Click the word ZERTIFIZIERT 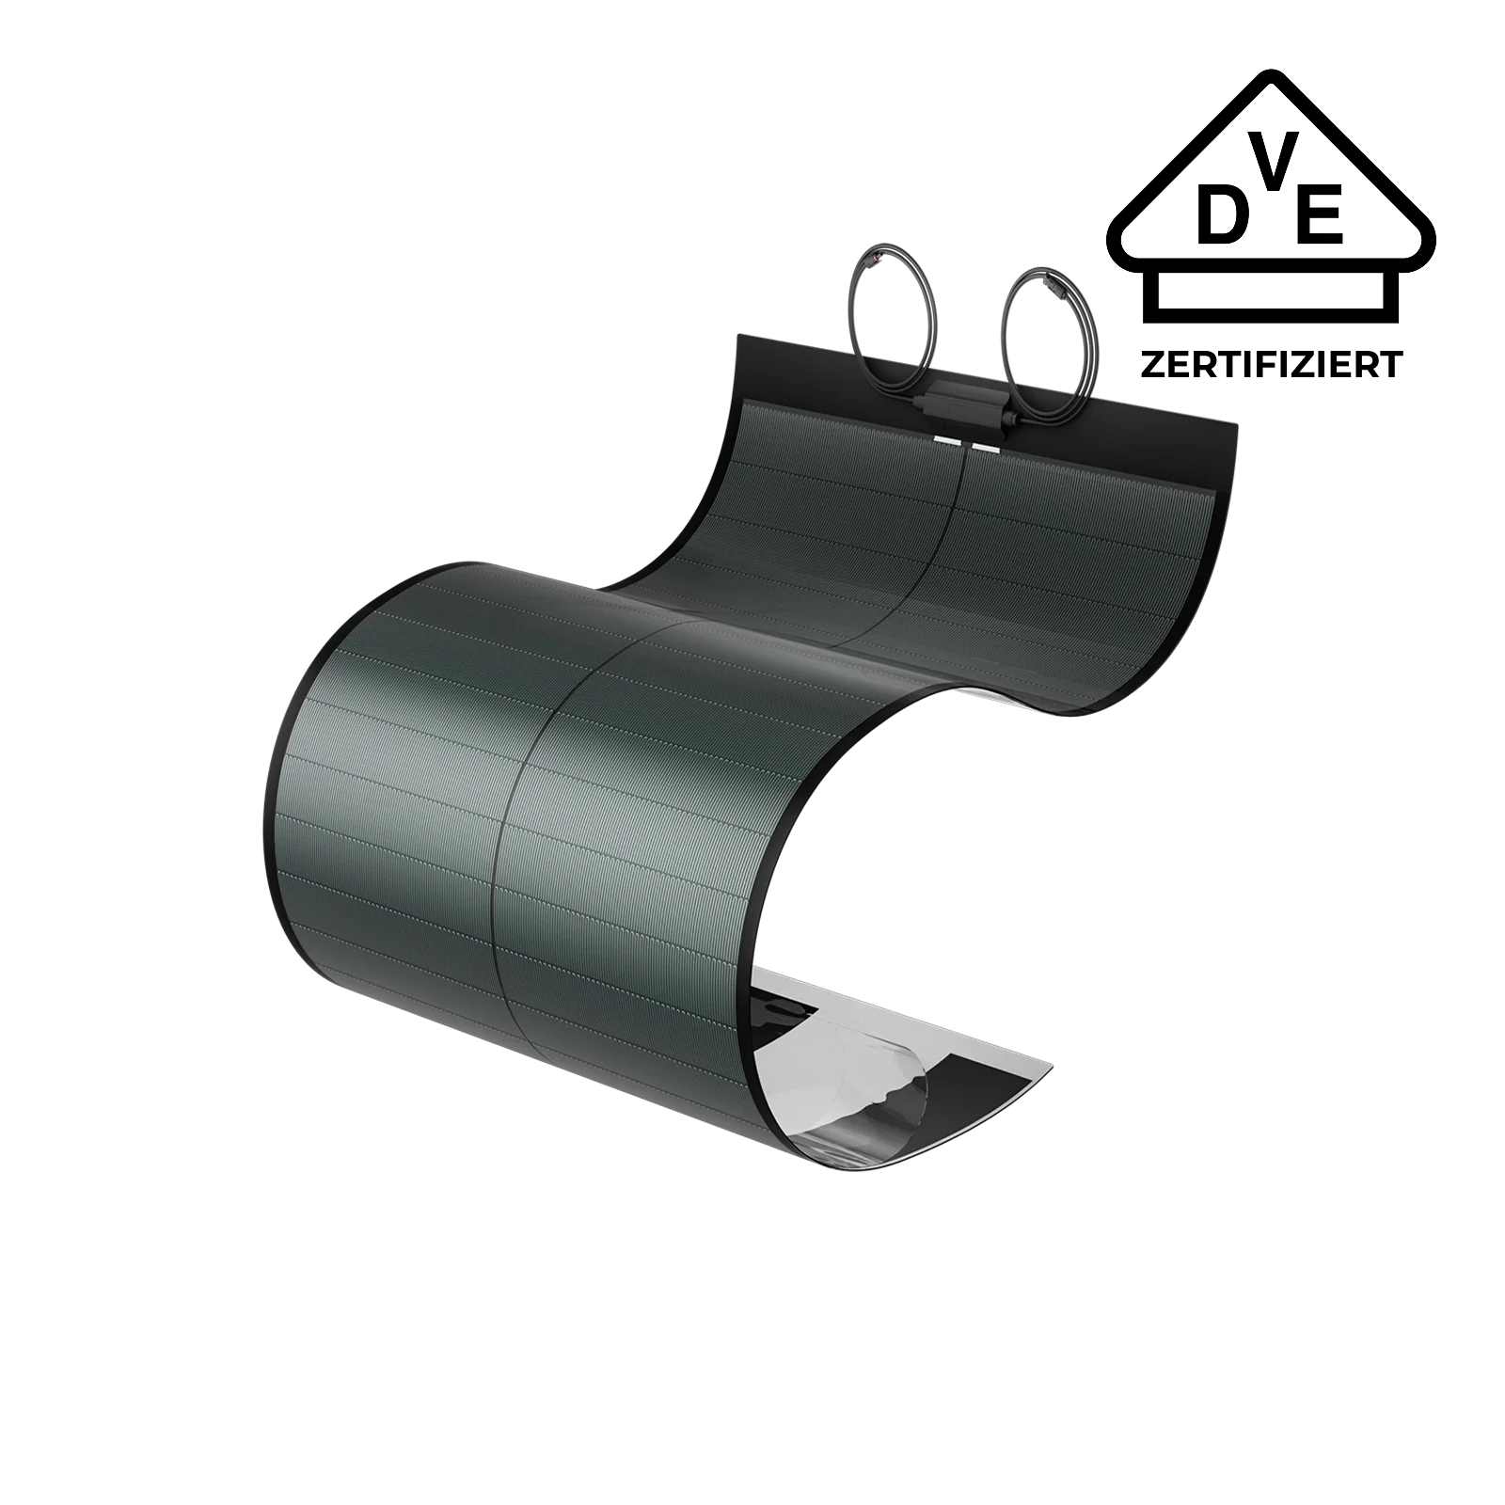1272,363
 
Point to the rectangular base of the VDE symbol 1272,294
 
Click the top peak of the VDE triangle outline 1272,73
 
